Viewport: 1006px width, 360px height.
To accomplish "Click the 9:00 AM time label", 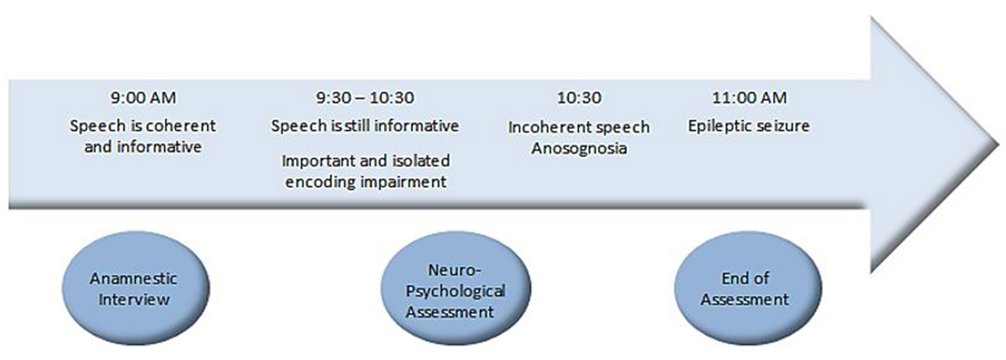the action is tap(143, 98).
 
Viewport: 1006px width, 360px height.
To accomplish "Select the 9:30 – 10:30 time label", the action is tap(365, 98).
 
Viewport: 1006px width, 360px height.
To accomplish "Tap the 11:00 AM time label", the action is tap(749, 98).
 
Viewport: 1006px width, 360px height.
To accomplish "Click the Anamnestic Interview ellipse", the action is tap(135, 288).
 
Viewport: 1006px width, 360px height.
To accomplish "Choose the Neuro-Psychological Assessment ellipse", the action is tap(455, 288).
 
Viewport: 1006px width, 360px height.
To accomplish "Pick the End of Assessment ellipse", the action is tap(748, 288).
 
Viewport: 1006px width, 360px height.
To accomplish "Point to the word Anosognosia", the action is tap(579, 149).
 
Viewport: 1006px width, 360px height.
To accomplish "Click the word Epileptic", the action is tap(716, 126).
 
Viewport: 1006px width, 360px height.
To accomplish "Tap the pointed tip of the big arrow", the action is tap(997, 144).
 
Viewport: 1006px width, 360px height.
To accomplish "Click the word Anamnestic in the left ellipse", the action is tap(133, 278).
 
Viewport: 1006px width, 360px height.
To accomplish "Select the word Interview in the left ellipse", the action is tap(134, 299).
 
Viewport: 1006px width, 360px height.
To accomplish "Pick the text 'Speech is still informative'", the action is tap(365, 126).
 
